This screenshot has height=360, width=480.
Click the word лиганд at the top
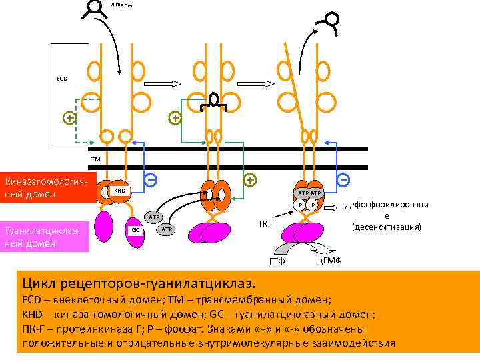point(122,4)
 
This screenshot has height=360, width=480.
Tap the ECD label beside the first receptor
point(62,79)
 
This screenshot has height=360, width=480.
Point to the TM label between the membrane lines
point(96,159)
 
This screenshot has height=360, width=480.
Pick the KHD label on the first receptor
point(119,191)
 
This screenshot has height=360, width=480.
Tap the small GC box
point(135,229)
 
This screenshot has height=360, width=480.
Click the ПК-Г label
point(267,223)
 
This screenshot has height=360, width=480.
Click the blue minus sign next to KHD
point(151,180)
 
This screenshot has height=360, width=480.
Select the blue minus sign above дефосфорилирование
point(343,180)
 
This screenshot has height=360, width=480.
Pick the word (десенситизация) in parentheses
point(387,227)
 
